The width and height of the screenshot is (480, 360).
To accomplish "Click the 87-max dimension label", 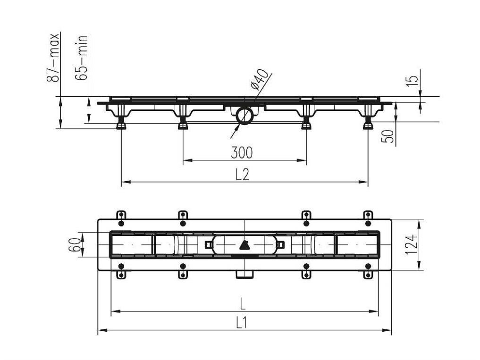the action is tap(53, 57).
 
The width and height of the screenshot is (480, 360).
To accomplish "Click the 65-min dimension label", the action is tap(81, 58).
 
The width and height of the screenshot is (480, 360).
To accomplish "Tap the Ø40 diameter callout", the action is tap(259, 79).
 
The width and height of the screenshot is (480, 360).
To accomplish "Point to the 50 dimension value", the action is tap(387, 136).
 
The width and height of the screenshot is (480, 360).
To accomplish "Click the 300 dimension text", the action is tap(242, 153).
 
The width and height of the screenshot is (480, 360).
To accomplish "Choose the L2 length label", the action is tap(242, 175).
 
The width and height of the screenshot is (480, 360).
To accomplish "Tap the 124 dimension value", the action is tap(411, 244).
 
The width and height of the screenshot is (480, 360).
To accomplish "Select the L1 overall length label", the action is tap(242, 323).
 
